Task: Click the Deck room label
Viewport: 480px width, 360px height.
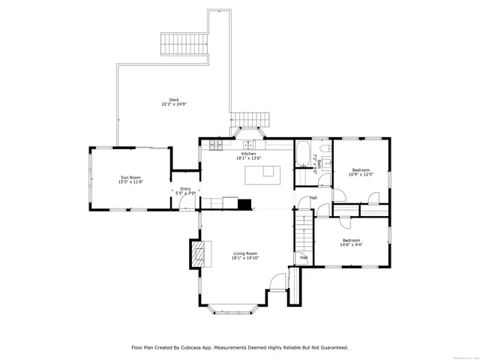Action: (x=174, y=102)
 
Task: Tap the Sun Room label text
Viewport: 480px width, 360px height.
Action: (x=131, y=179)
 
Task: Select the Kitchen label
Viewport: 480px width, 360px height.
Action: (x=249, y=155)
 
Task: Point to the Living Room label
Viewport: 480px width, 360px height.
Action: (x=245, y=256)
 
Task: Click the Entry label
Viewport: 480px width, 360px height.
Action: (x=185, y=191)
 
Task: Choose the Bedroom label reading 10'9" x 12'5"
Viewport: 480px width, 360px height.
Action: (x=361, y=172)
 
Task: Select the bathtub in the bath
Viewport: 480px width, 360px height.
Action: (x=302, y=155)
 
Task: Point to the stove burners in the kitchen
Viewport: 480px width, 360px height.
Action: (x=215, y=145)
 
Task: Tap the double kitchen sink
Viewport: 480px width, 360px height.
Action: (x=247, y=144)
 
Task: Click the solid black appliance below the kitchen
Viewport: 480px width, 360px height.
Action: (x=244, y=202)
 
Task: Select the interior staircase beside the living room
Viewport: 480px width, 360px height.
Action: (x=301, y=232)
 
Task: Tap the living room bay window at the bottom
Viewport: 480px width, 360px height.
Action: (x=234, y=307)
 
